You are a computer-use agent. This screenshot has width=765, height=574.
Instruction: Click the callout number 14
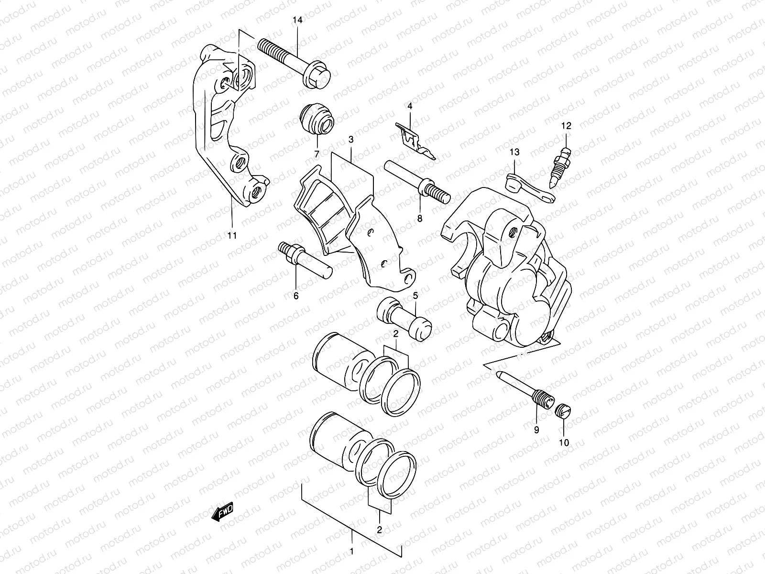point(298,20)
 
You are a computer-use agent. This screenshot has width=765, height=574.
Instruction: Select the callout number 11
point(232,235)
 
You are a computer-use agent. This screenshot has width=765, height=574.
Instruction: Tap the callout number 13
point(514,153)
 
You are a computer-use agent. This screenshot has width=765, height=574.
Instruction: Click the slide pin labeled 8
point(416,182)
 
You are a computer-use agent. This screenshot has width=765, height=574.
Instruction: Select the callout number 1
point(351,552)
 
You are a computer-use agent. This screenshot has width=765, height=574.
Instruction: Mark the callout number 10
point(564,443)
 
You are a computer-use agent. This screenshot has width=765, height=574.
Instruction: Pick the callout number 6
point(295,296)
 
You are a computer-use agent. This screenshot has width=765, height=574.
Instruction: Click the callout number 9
point(536,430)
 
